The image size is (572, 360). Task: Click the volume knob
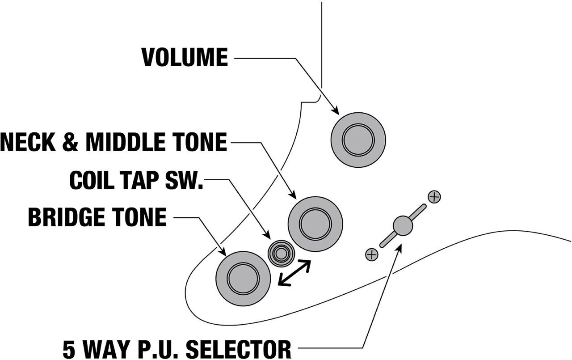pyautogui.click(x=358, y=140)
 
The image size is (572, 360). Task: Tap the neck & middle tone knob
pyautogui.click(x=315, y=224)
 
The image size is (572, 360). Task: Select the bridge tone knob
pyautogui.click(x=243, y=278)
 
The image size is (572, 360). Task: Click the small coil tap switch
pyautogui.click(x=281, y=254)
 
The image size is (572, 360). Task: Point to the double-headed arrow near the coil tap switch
pyautogui.click(x=294, y=272)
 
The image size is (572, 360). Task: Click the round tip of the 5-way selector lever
pyautogui.click(x=403, y=225)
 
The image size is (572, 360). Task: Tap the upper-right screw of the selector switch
pyautogui.click(x=434, y=196)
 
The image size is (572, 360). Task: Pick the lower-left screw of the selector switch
pyautogui.click(x=371, y=254)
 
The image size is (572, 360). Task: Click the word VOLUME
pyautogui.click(x=185, y=58)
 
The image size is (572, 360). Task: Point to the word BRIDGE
pyautogui.click(x=68, y=218)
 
